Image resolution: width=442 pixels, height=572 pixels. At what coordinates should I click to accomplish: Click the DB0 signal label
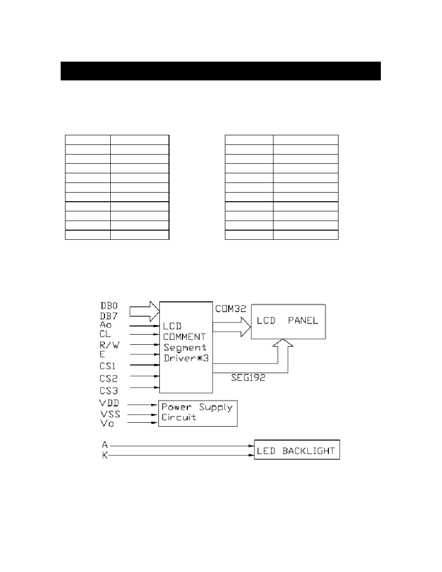109,306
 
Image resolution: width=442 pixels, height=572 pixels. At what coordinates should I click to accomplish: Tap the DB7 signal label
109,316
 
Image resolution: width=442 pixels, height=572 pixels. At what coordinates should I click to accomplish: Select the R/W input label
109,345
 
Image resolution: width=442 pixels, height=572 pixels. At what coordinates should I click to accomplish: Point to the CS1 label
107,366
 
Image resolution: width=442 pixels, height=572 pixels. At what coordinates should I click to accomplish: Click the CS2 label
109,378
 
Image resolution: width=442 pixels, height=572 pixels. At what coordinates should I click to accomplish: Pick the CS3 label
109,390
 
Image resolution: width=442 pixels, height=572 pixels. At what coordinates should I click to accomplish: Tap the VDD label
109,403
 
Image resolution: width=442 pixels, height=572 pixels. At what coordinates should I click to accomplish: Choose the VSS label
110,414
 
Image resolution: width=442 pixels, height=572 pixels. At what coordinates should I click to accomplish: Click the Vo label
107,424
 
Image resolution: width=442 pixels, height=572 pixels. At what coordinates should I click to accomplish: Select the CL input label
105,334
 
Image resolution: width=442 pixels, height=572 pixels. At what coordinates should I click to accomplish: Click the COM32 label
231,309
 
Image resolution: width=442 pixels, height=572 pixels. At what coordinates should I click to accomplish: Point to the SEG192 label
248,377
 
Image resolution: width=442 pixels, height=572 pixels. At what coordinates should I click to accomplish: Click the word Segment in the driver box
185,348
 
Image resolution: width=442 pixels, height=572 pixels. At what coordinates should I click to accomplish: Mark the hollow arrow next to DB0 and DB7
145,311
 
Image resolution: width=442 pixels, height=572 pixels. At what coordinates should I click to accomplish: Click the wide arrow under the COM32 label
232,327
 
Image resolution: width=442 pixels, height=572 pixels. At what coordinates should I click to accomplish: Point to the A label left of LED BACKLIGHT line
105,445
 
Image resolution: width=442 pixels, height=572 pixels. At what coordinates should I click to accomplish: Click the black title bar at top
221,71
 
